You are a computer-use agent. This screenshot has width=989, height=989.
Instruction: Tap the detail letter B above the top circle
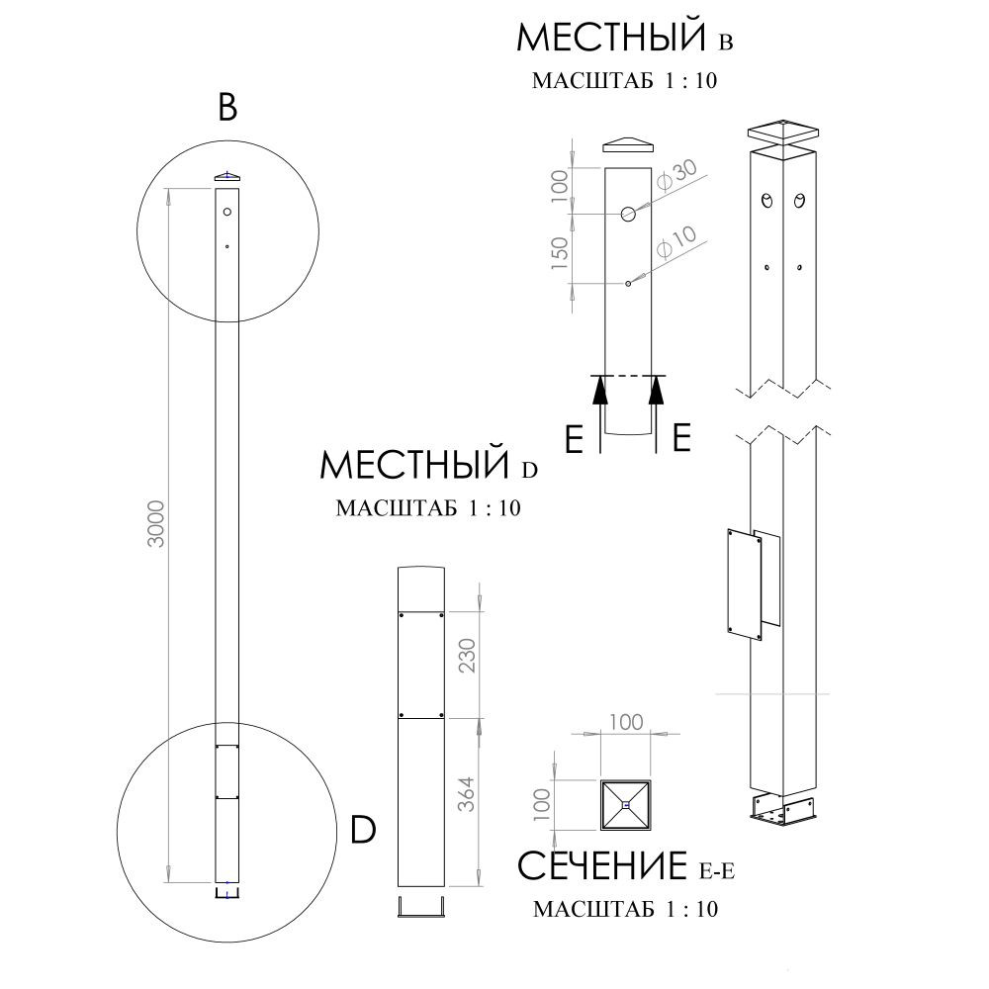(227, 107)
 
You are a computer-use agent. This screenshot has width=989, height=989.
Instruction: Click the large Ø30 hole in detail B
(629, 214)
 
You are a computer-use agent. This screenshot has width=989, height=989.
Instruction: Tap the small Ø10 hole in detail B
(628, 284)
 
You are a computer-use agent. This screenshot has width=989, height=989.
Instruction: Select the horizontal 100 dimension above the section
(626, 721)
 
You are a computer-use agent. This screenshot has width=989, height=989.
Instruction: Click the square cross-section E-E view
(625, 805)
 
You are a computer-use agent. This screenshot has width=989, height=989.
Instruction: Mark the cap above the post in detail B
(629, 143)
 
